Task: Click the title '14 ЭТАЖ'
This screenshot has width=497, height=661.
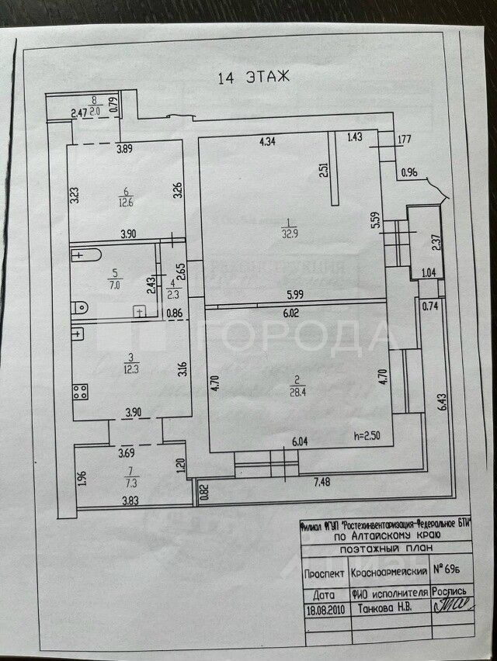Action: pos(254,77)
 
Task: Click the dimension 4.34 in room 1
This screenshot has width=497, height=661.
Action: pos(267,142)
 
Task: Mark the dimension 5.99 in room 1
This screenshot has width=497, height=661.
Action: pos(293,295)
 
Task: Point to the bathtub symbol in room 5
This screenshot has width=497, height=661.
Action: pos(87,255)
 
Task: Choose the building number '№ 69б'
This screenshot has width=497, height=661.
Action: pos(451,570)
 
